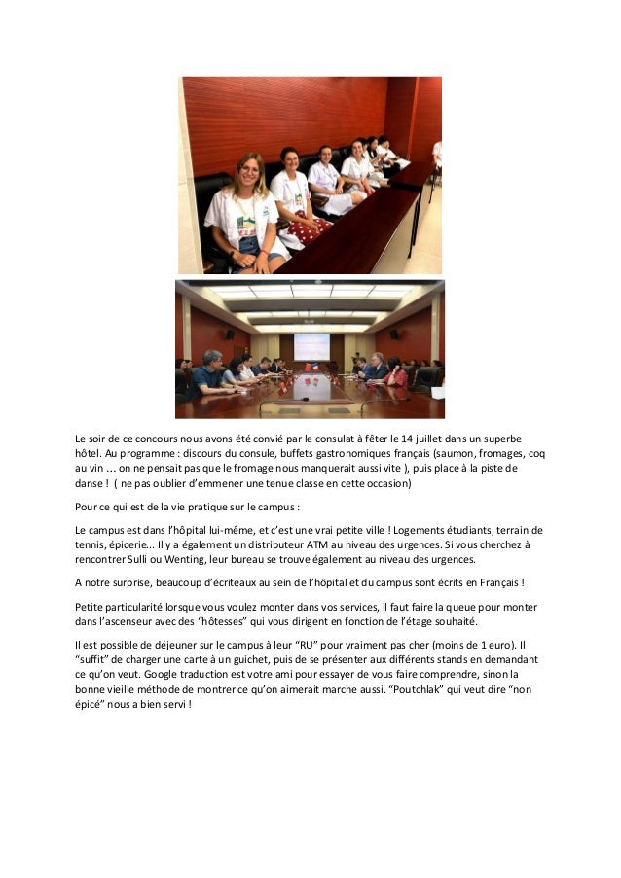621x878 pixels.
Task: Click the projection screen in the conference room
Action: click(x=311, y=347)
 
